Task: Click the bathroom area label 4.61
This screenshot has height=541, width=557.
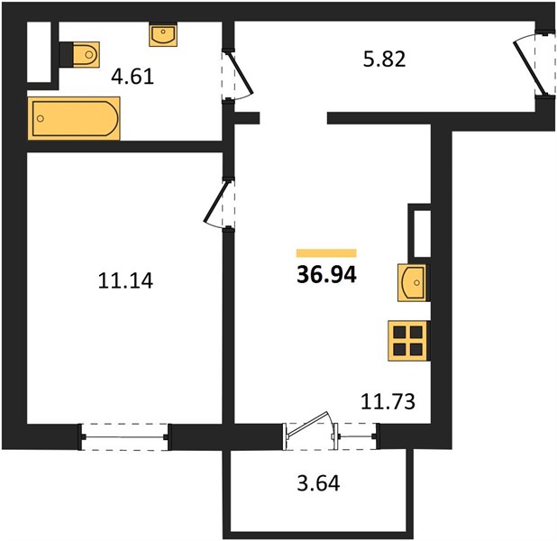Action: pyautogui.click(x=132, y=77)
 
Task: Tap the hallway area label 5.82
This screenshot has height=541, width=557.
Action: pyautogui.click(x=384, y=60)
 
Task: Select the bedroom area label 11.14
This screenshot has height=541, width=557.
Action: pyautogui.click(x=125, y=280)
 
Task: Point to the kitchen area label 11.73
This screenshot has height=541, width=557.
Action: pyautogui.click(x=388, y=401)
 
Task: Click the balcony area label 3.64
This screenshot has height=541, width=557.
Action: pyautogui.click(x=318, y=483)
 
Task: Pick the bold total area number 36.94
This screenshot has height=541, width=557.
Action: pyautogui.click(x=326, y=275)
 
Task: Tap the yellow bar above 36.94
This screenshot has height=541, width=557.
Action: pyautogui.click(x=326, y=252)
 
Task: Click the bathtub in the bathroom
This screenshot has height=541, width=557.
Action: pyautogui.click(x=74, y=118)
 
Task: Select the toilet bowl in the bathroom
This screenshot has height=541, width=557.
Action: pyautogui.click(x=87, y=54)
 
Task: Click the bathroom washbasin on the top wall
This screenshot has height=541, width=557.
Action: pyautogui.click(x=163, y=34)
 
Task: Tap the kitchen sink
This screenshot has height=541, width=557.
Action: pyautogui.click(x=412, y=283)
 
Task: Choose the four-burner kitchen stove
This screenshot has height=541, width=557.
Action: pyautogui.click(x=407, y=341)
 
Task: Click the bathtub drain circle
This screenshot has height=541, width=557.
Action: pyautogui.click(x=41, y=118)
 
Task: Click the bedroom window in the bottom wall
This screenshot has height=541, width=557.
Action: pyautogui.click(x=125, y=436)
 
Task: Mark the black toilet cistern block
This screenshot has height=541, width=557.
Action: pyautogui.click(x=66, y=54)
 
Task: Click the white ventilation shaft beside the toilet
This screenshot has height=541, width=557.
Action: pyautogui.click(x=39, y=52)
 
